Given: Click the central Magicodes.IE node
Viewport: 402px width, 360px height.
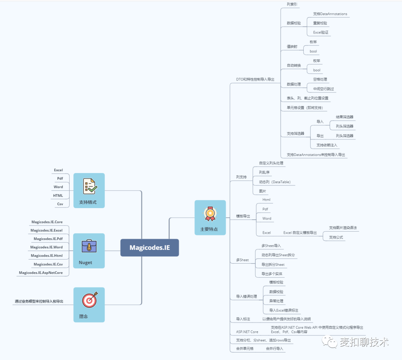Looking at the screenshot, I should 150,248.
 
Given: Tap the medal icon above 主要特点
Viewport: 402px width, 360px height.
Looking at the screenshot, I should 210,213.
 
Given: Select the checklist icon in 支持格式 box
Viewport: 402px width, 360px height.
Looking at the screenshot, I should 89,186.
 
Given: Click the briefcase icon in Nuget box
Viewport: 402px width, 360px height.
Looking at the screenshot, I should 89,246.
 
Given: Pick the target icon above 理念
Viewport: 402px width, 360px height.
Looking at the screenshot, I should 89,300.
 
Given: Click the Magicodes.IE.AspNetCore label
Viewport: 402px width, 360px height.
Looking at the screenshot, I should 41,273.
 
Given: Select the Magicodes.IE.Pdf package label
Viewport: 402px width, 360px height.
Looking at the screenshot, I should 48,239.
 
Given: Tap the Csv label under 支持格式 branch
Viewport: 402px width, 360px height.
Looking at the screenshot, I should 60,204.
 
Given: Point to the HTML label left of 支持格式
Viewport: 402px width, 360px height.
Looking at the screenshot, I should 58,195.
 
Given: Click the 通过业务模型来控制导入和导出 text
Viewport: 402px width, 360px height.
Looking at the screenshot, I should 39,301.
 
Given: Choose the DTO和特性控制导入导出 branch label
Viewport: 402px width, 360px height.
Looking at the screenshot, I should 255,79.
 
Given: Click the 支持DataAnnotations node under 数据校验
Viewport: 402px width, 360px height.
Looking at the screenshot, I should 330,14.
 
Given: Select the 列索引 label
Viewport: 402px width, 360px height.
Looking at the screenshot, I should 292,4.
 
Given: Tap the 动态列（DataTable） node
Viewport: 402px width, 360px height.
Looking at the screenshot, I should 275,182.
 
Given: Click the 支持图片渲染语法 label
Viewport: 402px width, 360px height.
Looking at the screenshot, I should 342,227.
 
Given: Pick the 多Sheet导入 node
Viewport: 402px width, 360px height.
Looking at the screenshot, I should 271,246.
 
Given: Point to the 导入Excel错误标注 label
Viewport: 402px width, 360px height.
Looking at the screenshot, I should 284,310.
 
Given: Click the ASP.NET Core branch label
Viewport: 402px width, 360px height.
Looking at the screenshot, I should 247,332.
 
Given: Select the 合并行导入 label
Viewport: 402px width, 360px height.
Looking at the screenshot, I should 274,349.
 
